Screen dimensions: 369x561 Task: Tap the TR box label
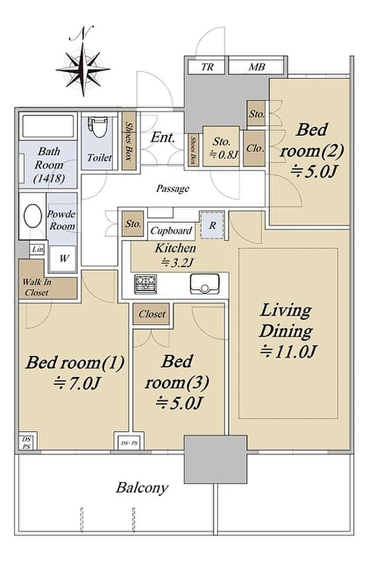(207, 67)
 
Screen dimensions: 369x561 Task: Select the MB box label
(257, 67)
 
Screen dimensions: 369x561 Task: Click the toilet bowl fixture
(97, 128)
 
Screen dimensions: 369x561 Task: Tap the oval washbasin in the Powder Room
(33, 216)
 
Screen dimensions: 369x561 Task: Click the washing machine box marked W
(63, 258)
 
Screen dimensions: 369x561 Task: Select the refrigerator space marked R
(212, 225)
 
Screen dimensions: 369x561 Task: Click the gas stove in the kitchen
(145, 284)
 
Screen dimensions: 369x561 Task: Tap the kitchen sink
(205, 284)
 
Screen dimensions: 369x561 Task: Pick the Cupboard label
(171, 230)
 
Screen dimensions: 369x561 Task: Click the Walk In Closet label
(37, 287)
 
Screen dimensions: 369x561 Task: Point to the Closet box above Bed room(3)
(151, 314)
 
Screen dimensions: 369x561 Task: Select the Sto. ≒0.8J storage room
(221, 147)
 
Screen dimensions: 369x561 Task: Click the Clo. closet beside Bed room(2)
(254, 148)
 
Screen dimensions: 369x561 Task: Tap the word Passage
(173, 188)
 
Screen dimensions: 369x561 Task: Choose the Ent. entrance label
(163, 138)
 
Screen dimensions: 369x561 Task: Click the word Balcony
(142, 488)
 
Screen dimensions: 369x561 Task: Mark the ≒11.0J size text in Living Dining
(288, 351)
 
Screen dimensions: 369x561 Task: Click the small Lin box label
(37, 249)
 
